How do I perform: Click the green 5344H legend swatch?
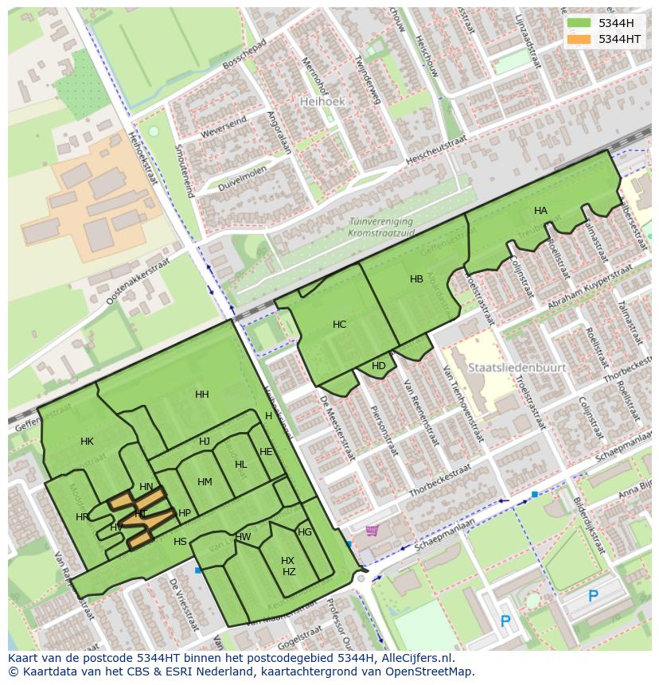coord(579,23)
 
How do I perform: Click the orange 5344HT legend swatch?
coord(579,38)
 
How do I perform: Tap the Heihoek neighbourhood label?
coord(322,102)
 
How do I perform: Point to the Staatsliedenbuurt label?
coord(517,368)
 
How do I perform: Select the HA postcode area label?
coord(540,211)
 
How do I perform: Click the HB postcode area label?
coord(416,279)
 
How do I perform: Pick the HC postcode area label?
coord(339,325)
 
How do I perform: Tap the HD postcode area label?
coord(379,366)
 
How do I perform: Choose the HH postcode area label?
coord(202,395)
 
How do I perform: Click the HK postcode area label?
coord(87,442)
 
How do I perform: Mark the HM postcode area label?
coord(205,482)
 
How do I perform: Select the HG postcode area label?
coord(305,532)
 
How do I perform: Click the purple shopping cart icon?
coord(372,531)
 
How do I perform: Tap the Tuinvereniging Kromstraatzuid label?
coord(380,228)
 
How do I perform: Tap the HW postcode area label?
coord(243,537)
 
